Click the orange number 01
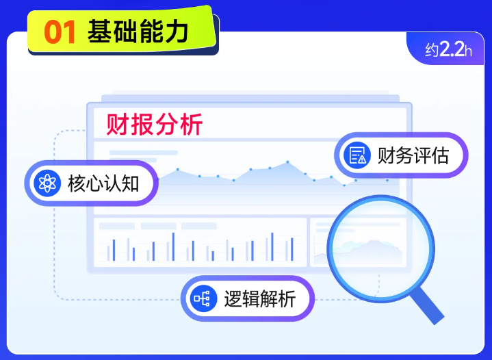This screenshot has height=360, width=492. point(60,32)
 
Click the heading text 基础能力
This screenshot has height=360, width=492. point(139,31)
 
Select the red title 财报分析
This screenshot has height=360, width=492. point(154,125)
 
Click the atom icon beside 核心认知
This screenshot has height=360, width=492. point(47,183)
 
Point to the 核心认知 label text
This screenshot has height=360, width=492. point(103,183)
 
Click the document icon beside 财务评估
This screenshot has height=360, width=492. point(357,156)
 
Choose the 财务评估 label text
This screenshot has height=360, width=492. point(413,156)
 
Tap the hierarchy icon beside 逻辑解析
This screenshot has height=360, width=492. point(203,298)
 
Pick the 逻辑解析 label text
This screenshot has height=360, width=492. point(260,299)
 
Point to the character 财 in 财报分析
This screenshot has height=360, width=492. point(118,125)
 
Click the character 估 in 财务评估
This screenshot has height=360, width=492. point(440,156)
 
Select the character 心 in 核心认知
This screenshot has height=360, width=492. point(94,183)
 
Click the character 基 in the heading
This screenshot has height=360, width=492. point(101,31)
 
